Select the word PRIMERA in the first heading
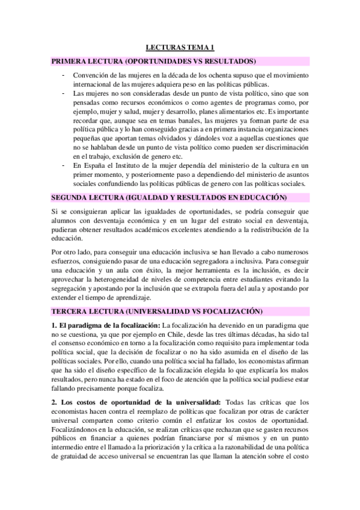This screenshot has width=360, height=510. (x=69, y=61)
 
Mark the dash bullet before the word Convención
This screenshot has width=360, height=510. (x=63, y=75)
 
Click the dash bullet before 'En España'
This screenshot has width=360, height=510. (x=63, y=164)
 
